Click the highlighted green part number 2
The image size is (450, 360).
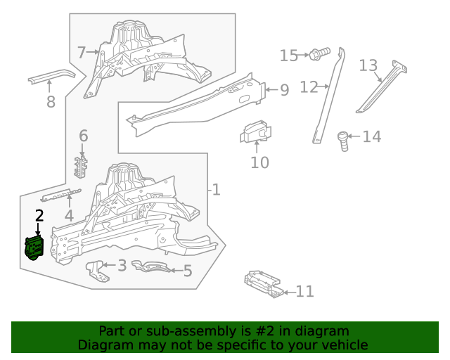34,247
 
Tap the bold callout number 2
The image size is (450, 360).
39,217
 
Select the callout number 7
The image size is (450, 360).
82,52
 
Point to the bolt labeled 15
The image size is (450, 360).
321,53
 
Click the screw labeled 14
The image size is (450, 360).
344,140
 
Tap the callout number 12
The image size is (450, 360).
309,87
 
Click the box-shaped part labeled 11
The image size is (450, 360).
264,285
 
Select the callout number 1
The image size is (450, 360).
216,190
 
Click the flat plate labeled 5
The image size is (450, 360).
151,267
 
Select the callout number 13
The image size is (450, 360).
368,65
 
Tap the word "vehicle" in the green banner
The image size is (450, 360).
343,345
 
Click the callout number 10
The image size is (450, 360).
260,163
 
